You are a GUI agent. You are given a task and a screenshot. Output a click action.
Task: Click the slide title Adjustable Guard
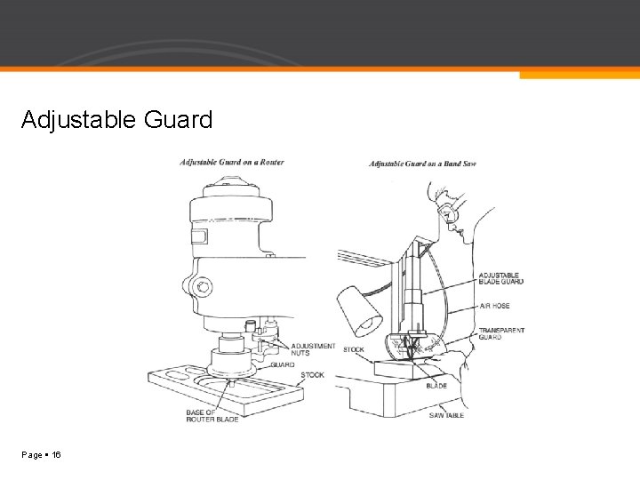click(x=117, y=119)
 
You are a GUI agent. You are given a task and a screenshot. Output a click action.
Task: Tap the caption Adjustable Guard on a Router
click(x=232, y=162)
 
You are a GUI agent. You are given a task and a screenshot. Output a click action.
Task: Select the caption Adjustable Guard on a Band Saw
click(x=423, y=164)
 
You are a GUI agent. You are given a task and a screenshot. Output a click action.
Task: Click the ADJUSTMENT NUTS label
click(x=314, y=349)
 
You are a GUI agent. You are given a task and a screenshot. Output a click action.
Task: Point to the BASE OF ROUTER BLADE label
click(x=212, y=415)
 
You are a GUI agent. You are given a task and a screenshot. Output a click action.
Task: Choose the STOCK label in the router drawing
click(x=312, y=375)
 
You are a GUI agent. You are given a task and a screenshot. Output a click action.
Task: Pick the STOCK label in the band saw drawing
click(x=354, y=349)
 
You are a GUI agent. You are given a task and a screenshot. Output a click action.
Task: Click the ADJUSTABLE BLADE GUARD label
click(x=501, y=278)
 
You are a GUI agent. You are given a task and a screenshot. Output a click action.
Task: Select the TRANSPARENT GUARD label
click(x=501, y=333)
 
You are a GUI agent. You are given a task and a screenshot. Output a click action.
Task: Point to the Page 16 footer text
click(x=42, y=454)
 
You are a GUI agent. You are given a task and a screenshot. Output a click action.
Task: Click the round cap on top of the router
click(x=231, y=189)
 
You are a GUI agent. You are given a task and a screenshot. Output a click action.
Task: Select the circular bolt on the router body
click(x=204, y=286)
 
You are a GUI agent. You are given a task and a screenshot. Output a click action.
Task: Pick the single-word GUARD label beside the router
click(x=283, y=364)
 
